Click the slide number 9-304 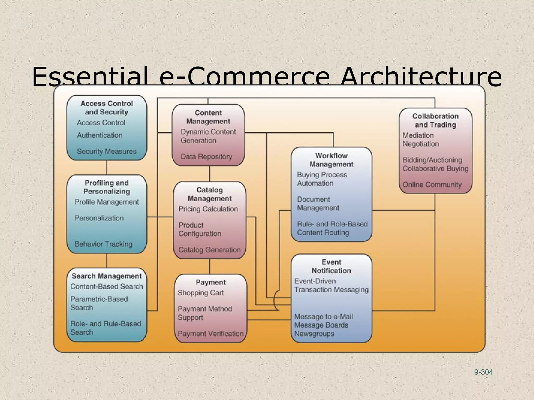click(x=483, y=372)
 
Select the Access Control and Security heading click(x=107, y=108)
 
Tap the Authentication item click(x=100, y=135)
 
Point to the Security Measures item click(x=107, y=151)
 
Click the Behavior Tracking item click(x=104, y=244)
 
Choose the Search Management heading click(x=107, y=276)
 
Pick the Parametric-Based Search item click(x=99, y=303)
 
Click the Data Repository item click(x=206, y=157)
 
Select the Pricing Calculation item click(x=208, y=209)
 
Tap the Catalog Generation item click(x=209, y=250)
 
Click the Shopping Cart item click(x=201, y=293)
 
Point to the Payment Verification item click(x=210, y=334)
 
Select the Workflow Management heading click(x=331, y=160)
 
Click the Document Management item click(x=318, y=204)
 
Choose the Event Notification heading click(x=331, y=266)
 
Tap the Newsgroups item click(x=314, y=334)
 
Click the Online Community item click(x=432, y=185)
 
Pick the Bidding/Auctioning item click(x=432, y=160)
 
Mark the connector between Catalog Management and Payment click(x=210, y=266)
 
